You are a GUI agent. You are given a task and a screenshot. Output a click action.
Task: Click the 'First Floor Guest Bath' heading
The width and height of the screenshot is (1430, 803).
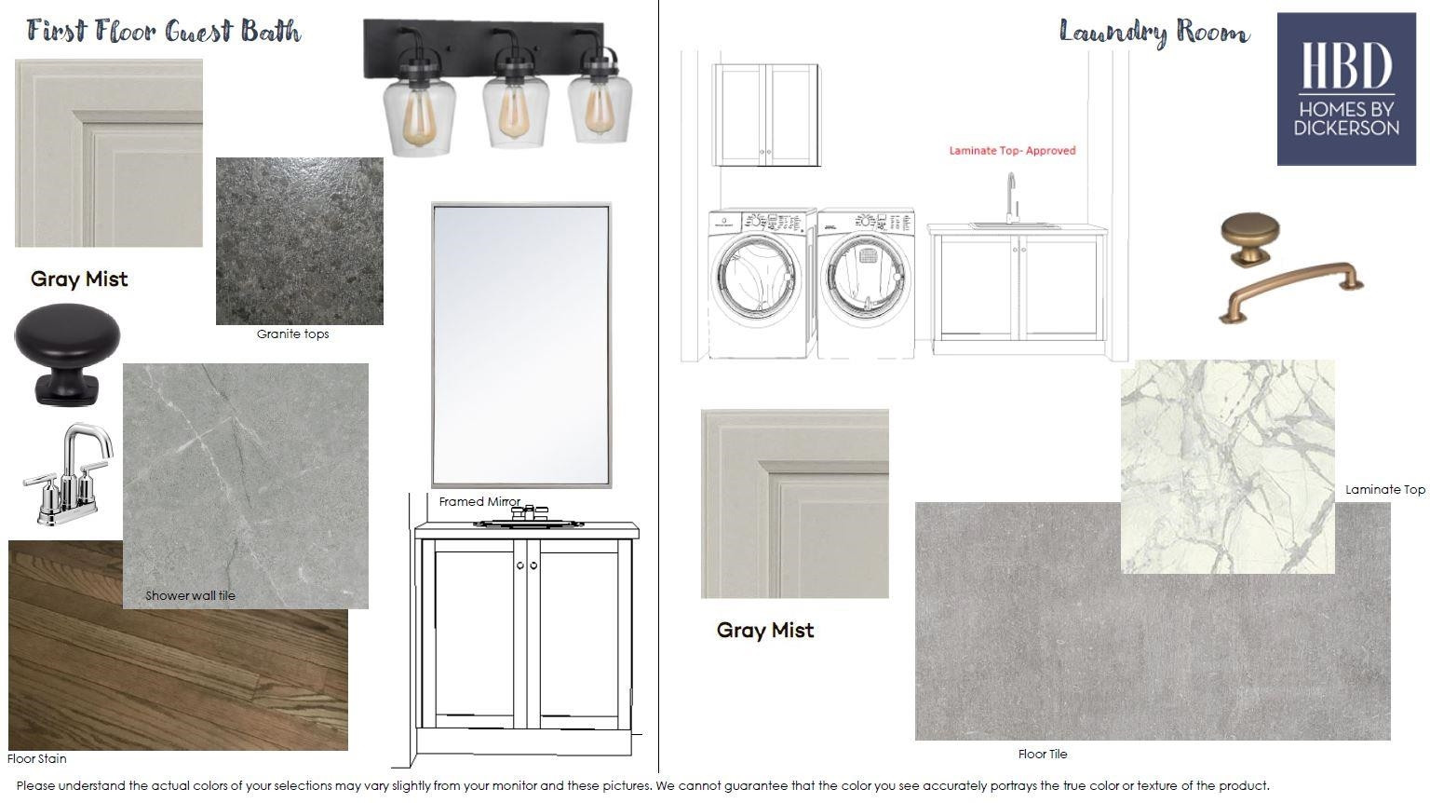[x=164, y=32]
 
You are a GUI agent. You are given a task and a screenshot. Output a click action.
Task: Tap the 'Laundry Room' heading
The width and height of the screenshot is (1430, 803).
[x=1154, y=32]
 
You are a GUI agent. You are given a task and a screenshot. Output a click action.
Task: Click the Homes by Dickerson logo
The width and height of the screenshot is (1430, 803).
[x=1346, y=88]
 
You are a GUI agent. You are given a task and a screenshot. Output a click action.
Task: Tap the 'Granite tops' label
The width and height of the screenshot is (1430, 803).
[x=292, y=333]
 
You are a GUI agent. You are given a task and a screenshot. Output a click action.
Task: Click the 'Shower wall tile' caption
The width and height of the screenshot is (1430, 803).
[x=190, y=595]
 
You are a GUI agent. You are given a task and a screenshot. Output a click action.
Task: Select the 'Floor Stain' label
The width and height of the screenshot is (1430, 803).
[x=36, y=758]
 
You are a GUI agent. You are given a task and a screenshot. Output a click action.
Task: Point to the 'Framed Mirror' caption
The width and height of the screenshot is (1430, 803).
[x=479, y=501]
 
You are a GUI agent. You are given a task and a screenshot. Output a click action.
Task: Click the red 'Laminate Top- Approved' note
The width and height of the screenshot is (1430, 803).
[x=1012, y=151]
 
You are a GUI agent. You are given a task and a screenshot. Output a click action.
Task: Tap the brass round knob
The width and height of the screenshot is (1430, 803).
[x=1250, y=238]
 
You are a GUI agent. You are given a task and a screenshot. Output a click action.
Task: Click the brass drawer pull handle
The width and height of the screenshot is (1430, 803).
[x=1291, y=291]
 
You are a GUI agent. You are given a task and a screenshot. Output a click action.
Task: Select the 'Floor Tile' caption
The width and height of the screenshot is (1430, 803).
[x=1043, y=754]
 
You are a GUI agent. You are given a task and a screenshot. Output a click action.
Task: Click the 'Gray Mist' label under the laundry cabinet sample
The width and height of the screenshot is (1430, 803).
[x=764, y=631]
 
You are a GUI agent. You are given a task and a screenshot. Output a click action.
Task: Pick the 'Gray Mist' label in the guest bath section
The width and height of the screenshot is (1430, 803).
[x=79, y=279]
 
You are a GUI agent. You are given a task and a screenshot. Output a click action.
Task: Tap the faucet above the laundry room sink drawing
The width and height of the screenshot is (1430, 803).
[x=1010, y=197]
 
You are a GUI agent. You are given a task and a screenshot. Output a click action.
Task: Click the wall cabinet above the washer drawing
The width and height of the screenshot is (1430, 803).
[x=766, y=115]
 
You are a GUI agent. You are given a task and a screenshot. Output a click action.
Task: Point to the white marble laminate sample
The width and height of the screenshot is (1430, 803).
[x=1228, y=467]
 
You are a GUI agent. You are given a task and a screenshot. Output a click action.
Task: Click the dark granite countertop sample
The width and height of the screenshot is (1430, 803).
[x=300, y=241]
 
